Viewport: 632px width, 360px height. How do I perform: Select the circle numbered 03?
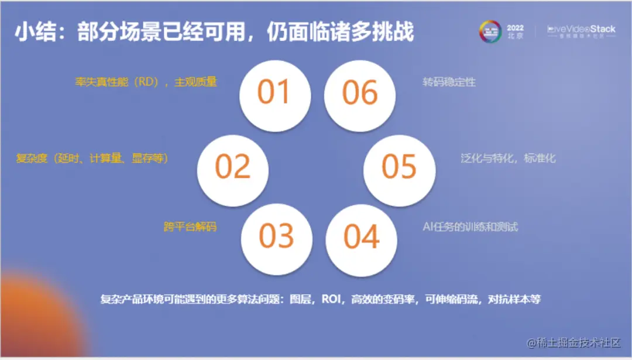tap(276, 238)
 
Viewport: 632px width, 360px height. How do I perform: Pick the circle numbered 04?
tap(361, 238)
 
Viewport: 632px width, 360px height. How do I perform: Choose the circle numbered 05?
tap(399, 169)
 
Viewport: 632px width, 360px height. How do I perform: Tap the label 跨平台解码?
tap(190, 226)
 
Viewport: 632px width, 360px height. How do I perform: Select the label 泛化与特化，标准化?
tap(508, 158)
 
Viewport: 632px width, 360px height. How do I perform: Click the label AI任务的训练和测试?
tap(470, 227)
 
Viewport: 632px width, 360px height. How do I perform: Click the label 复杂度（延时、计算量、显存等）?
tap(92, 158)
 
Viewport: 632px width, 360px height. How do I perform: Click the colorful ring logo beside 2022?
tap(490, 32)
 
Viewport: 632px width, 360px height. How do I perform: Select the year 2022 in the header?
tap(515, 28)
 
